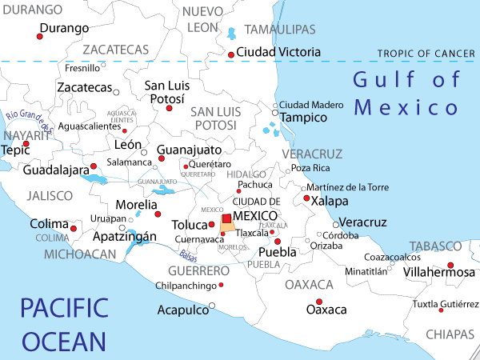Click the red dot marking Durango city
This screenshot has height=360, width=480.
tap(40, 36)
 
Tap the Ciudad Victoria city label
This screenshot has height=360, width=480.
tap(279, 52)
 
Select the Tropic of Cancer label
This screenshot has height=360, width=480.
tap(427, 54)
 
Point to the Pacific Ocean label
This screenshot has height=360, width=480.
tap(64, 325)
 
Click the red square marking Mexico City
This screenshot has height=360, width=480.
tap(226, 218)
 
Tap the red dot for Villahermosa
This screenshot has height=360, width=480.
tap(450, 265)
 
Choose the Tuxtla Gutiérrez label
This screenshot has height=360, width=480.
tap(446, 305)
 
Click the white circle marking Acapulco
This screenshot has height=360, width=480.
tap(212, 305)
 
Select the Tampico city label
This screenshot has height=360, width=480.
tap(304, 118)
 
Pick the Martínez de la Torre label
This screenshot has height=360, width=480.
tap(347, 187)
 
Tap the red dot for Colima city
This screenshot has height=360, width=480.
tap(74, 229)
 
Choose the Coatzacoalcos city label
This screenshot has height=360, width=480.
tap(392, 257)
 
